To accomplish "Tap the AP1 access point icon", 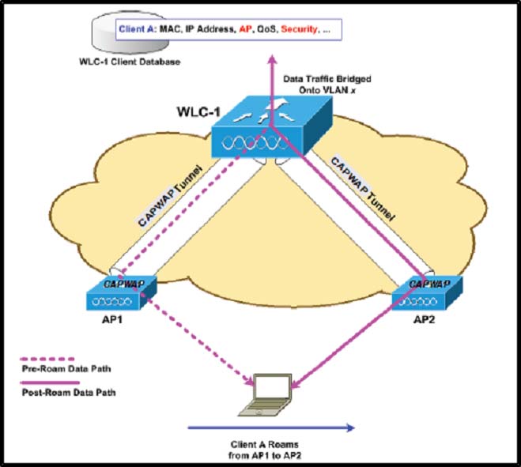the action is click(x=121, y=293).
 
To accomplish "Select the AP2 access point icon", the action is click(x=427, y=293).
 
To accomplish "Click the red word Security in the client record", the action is click(x=300, y=29).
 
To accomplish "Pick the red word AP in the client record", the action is click(x=245, y=29).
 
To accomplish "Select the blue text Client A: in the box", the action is click(x=138, y=29).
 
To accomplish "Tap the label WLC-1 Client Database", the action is click(x=130, y=62).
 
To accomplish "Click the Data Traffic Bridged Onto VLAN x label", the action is click(x=327, y=85).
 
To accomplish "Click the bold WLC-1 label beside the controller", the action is click(x=198, y=111).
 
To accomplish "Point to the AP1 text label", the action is click(x=112, y=319).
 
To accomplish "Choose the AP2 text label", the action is click(x=424, y=319).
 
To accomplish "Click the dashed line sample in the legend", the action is click(x=47, y=359).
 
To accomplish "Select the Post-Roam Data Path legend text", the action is click(x=69, y=393).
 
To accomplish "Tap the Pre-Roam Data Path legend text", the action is click(x=66, y=369).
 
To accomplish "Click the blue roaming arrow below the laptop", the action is click(x=271, y=427).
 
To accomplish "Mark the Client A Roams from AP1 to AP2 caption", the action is click(x=265, y=450).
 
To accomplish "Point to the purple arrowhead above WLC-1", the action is click(x=273, y=59).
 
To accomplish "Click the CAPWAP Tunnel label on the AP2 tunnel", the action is click(x=363, y=190).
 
